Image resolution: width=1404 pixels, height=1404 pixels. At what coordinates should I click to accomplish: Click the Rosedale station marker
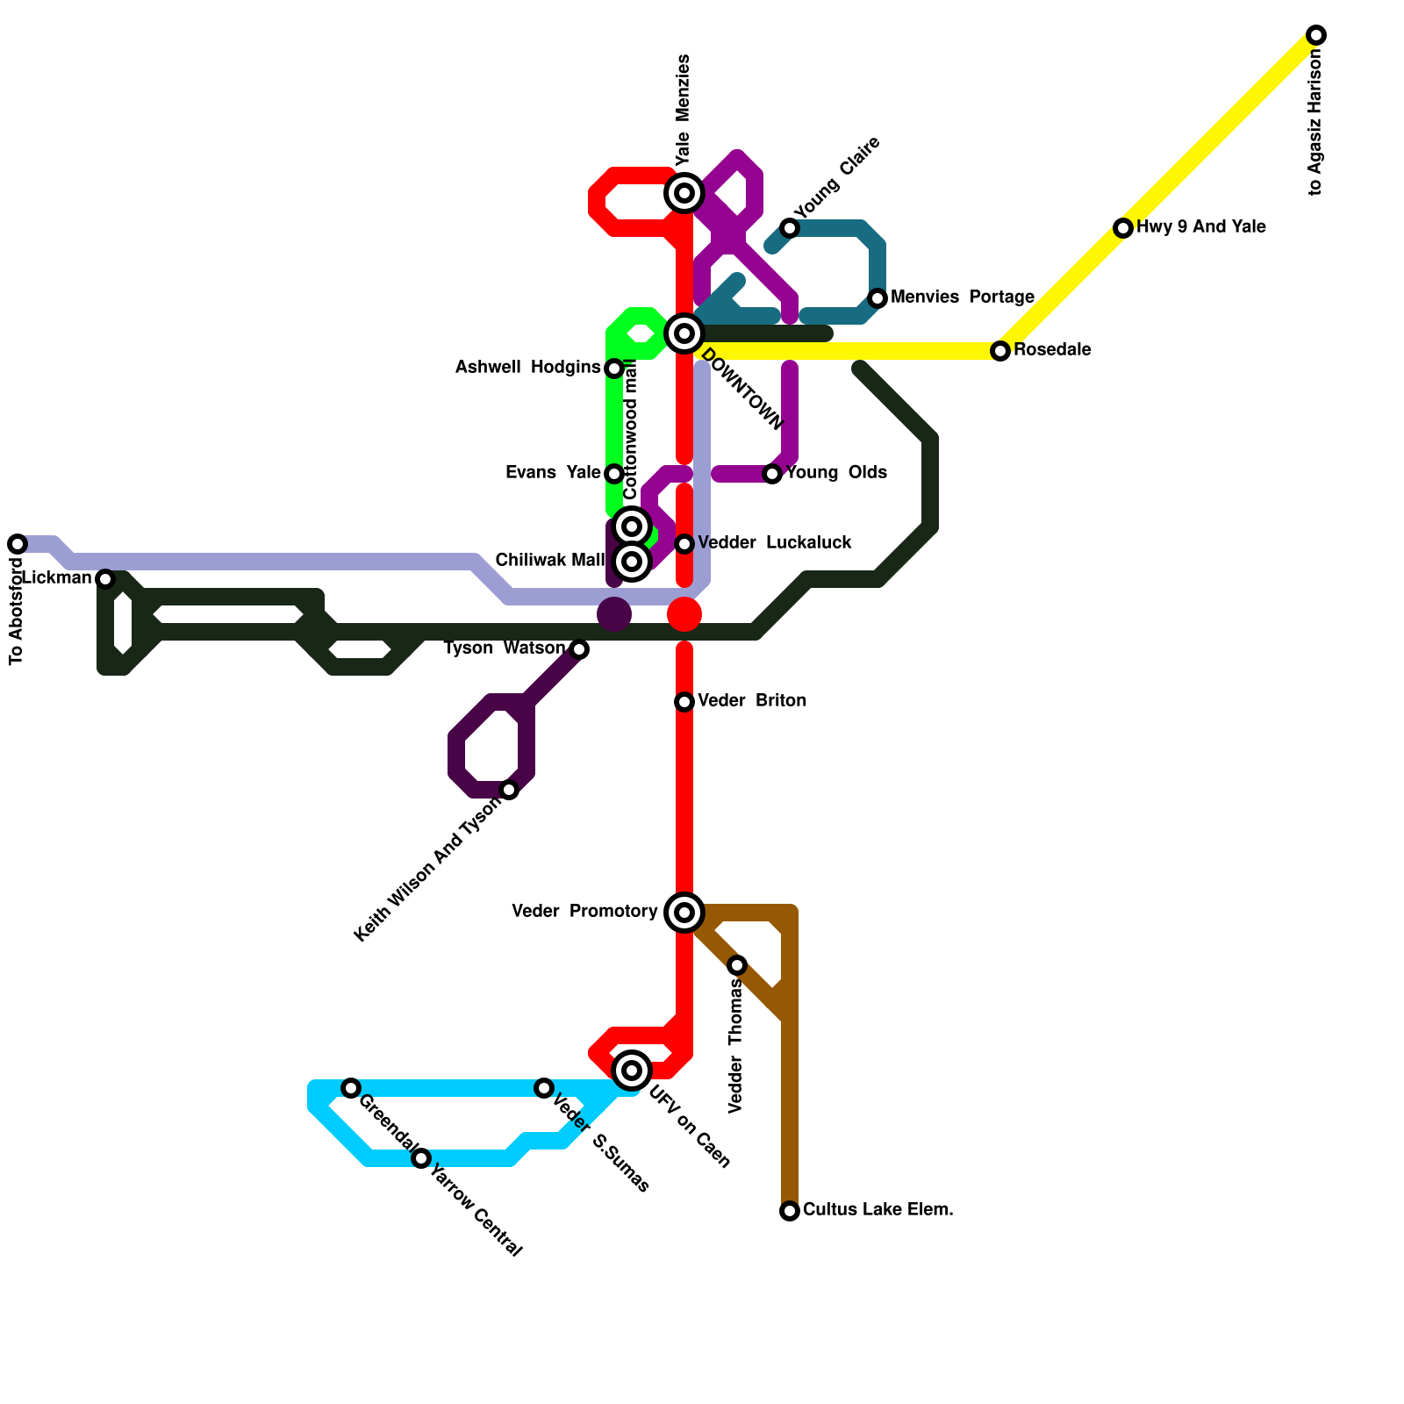click(x=1000, y=351)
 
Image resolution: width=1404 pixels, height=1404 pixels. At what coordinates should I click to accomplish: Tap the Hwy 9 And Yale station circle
click(x=1123, y=228)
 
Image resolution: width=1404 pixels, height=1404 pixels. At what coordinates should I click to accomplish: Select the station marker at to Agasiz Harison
click(x=1315, y=35)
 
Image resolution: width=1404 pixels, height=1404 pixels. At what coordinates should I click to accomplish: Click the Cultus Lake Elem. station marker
click(x=790, y=1211)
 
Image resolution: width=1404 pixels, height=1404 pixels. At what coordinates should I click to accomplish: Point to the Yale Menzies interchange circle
click(x=684, y=193)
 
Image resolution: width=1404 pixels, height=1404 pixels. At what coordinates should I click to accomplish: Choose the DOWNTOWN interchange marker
click(x=684, y=333)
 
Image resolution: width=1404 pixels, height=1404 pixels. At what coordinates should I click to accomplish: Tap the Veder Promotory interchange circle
click(x=684, y=913)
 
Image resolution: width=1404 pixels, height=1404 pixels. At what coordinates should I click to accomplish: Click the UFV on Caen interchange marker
click(x=632, y=1071)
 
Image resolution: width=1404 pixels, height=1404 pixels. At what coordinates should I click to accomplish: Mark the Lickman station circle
click(x=105, y=579)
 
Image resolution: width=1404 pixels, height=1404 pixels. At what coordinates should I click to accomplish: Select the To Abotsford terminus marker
click(x=18, y=544)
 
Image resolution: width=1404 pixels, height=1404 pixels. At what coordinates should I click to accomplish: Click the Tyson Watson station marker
click(x=579, y=649)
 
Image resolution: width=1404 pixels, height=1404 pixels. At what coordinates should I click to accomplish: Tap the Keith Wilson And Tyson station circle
click(x=509, y=790)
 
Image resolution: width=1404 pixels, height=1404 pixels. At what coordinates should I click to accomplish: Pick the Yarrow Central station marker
click(x=421, y=1158)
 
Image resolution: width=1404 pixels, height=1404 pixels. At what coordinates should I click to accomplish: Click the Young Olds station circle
click(x=772, y=474)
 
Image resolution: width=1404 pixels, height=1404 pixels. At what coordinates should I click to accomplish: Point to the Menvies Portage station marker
click(x=877, y=298)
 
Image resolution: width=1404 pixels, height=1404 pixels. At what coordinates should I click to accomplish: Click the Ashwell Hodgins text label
click(x=527, y=368)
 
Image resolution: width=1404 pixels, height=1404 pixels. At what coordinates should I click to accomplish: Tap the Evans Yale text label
click(x=553, y=473)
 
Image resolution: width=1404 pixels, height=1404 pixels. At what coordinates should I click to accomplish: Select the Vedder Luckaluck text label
click(x=774, y=543)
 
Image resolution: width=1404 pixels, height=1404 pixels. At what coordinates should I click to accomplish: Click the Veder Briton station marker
click(x=684, y=702)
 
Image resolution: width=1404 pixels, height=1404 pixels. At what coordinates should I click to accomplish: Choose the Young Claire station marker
click(x=790, y=228)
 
